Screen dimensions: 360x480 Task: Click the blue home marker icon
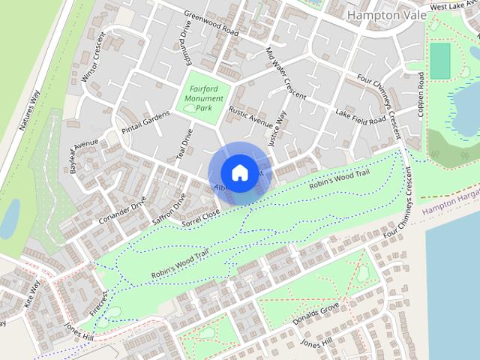[x=239, y=172]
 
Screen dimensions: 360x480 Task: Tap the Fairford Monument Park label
[x=203, y=98]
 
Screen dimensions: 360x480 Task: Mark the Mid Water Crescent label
[x=286, y=73]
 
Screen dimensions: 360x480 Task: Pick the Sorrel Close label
[x=201, y=218]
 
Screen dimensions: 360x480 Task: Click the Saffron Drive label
[x=169, y=209]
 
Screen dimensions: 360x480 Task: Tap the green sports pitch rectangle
[x=440, y=60]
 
